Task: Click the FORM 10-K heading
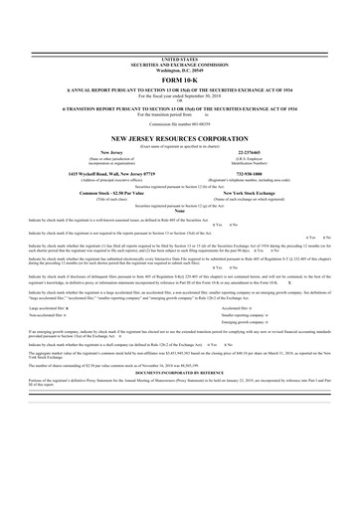[x=179, y=81]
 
